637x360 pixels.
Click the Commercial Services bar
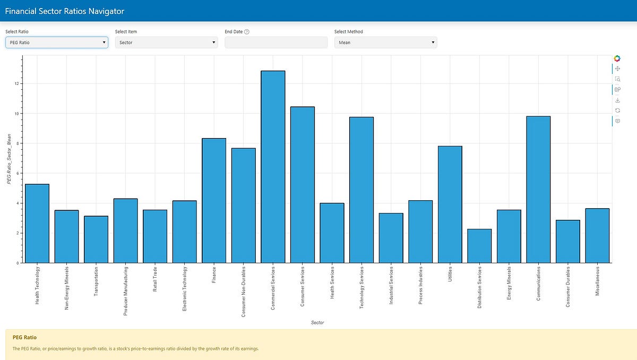point(273,167)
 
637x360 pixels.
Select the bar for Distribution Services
point(479,246)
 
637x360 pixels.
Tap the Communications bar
point(538,190)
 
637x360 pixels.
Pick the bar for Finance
point(214,200)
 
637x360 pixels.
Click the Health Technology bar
point(37,223)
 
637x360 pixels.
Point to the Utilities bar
point(450,204)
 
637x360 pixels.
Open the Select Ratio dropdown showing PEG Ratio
point(57,42)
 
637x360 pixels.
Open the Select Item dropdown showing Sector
point(166,42)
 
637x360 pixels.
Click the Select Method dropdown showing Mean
point(385,42)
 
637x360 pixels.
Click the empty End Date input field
point(276,42)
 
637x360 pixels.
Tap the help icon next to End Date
point(247,32)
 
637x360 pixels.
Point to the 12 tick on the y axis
point(17,84)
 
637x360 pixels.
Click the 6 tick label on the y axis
point(18,173)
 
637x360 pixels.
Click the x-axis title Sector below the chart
point(317,322)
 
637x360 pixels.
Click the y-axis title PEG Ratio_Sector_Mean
point(9,159)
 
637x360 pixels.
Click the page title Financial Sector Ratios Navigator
point(65,11)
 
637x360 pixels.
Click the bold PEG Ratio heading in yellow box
point(24,337)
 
